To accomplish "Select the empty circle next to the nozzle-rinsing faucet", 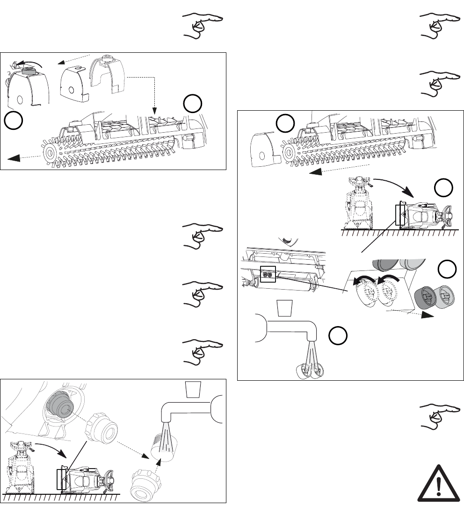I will [337, 336].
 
